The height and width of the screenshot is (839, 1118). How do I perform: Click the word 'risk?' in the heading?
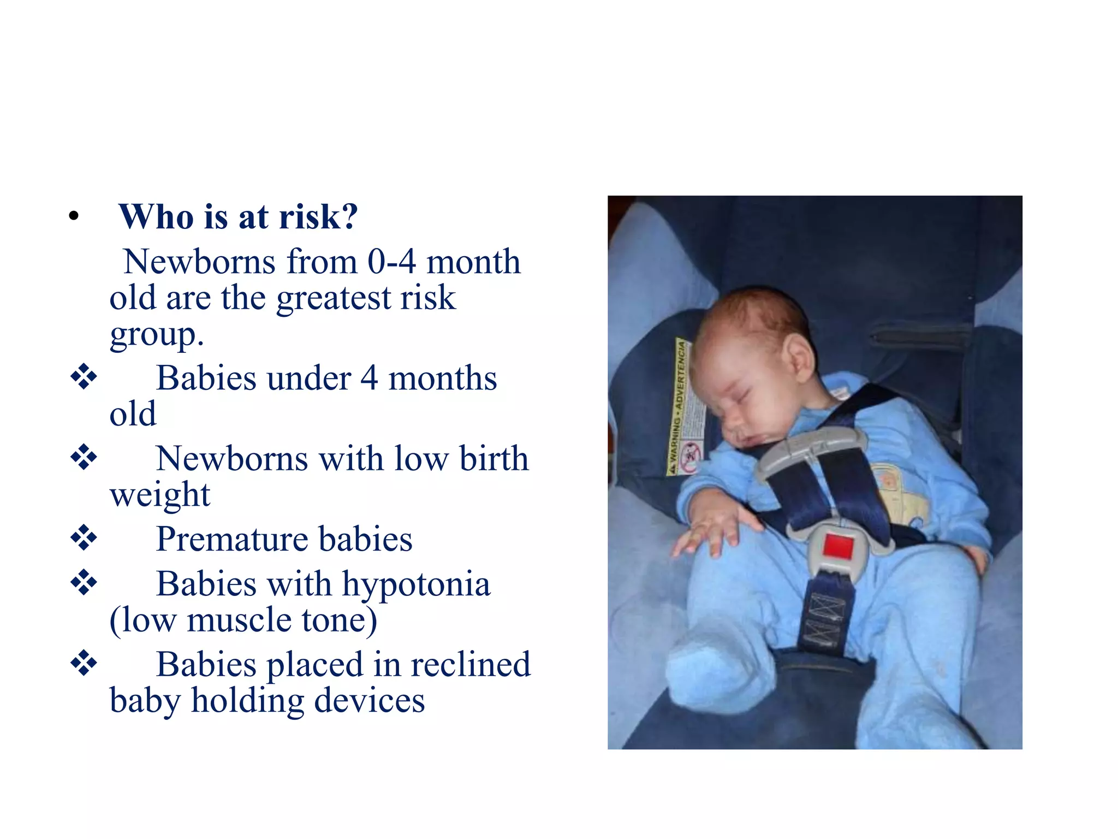point(318,217)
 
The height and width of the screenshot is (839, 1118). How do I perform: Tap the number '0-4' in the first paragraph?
point(391,262)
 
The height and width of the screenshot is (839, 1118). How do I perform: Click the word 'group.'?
point(157,334)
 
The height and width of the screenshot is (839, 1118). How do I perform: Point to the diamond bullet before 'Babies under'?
point(84,377)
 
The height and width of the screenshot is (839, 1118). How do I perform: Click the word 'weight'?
point(160,495)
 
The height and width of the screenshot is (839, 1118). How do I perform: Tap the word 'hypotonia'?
point(416,584)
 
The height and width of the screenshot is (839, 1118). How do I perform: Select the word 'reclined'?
point(470,664)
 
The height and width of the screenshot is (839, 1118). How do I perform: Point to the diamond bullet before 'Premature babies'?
point(84,538)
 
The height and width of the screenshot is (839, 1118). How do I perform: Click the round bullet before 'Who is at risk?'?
point(74,217)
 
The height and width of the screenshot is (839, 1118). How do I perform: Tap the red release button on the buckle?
point(838,547)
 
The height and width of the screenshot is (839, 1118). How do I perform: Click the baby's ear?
point(798,357)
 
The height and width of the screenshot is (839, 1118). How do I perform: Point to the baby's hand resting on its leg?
point(710,527)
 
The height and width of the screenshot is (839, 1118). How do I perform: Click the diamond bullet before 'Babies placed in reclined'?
point(84,663)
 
